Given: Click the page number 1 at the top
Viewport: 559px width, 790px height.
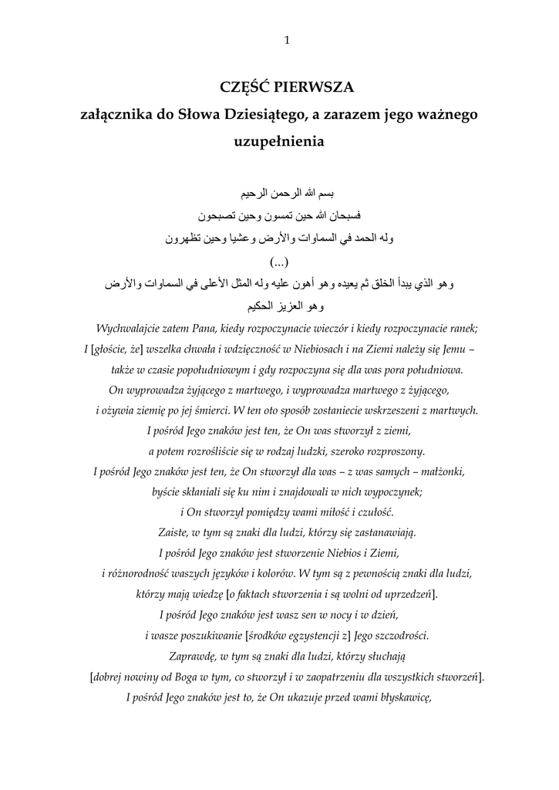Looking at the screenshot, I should [287, 41].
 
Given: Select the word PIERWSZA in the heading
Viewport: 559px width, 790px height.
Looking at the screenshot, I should [313, 86].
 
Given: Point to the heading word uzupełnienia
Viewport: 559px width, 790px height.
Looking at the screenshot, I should [280, 142].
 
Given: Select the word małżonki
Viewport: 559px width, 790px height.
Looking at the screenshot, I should [441, 471].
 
